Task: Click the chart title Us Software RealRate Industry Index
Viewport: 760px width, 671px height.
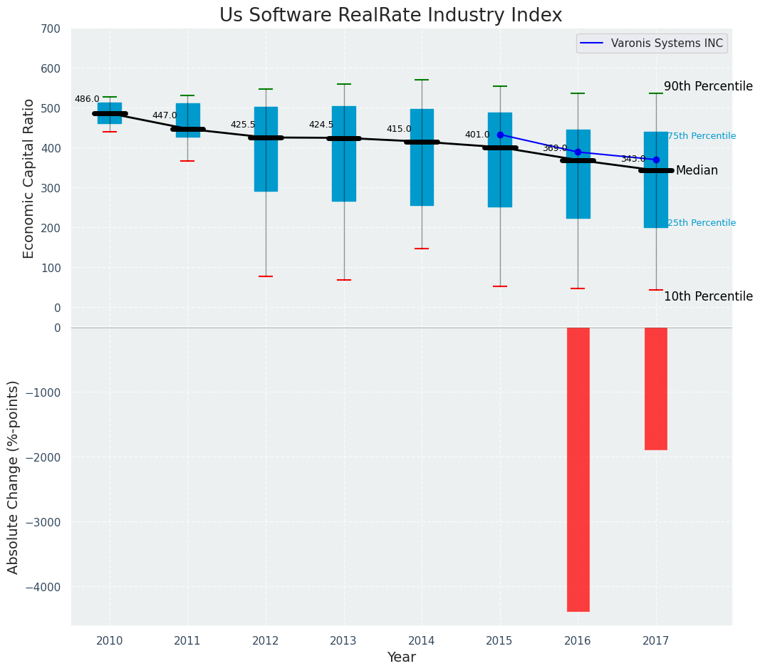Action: [390, 16]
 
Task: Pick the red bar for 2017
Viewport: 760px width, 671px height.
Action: [656, 388]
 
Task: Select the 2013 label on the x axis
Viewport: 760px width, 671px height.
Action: [343, 640]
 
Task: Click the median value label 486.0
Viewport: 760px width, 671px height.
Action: [87, 99]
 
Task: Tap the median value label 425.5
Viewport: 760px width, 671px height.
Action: [243, 125]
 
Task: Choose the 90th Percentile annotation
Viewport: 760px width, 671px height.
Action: [708, 86]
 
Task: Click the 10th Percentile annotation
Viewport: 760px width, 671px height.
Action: [708, 296]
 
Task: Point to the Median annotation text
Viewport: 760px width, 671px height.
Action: [697, 171]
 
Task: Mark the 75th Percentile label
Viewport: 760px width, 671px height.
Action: [702, 136]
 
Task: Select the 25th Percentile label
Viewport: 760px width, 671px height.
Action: [702, 223]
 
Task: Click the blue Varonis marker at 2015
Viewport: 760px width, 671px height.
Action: [500, 135]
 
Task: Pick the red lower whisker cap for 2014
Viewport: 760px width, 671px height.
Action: [422, 249]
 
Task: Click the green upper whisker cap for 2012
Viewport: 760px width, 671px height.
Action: [266, 89]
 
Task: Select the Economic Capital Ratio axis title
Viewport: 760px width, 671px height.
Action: [29, 178]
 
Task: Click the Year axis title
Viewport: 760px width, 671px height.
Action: [401, 657]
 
